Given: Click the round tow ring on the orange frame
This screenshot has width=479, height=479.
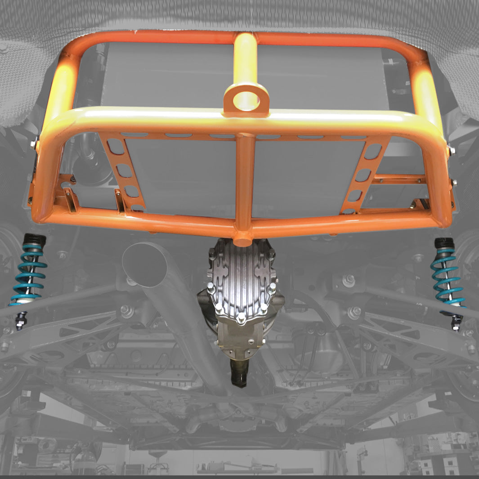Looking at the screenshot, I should (246, 99).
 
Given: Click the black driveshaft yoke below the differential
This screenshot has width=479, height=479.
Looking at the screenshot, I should (238, 374).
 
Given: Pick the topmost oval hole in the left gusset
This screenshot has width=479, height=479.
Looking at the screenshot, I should (114, 146).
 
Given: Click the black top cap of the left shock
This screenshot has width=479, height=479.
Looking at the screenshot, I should (34, 241).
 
